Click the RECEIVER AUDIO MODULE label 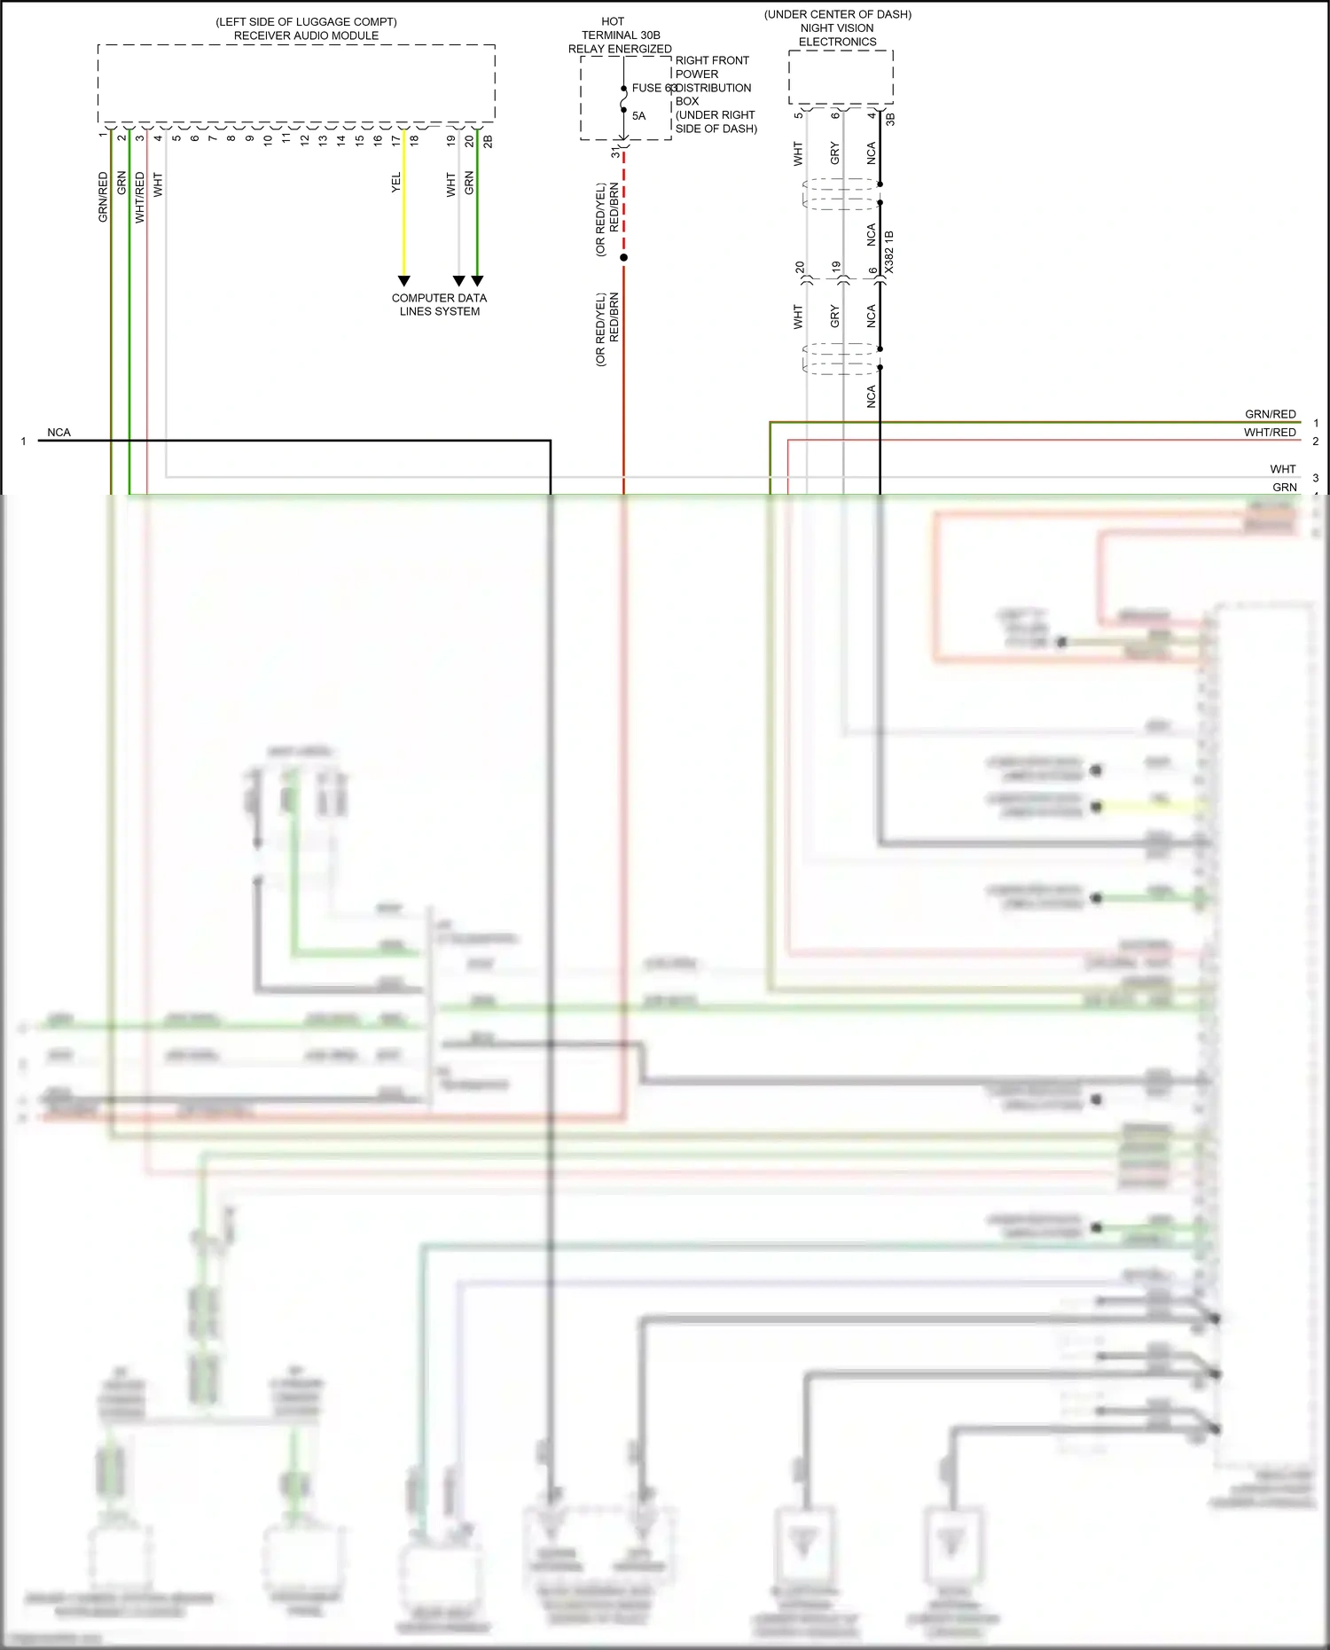[306, 35]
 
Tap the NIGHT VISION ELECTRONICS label [837, 35]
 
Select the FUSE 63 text [653, 88]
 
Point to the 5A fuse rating [638, 115]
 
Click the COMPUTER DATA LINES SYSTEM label [439, 304]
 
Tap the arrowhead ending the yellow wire [404, 281]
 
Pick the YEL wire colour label [396, 183]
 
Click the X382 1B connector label [889, 252]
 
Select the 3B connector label [890, 118]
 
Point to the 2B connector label [488, 140]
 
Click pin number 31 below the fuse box [615, 152]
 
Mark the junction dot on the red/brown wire [623, 258]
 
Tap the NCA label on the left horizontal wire [59, 433]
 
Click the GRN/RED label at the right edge [1270, 414]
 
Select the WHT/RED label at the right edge [1270, 433]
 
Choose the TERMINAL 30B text [621, 35]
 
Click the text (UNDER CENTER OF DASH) [837, 14]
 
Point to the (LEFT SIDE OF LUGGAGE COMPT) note [306, 21]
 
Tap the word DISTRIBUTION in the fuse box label [714, 88]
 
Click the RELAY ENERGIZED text [620, 49]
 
